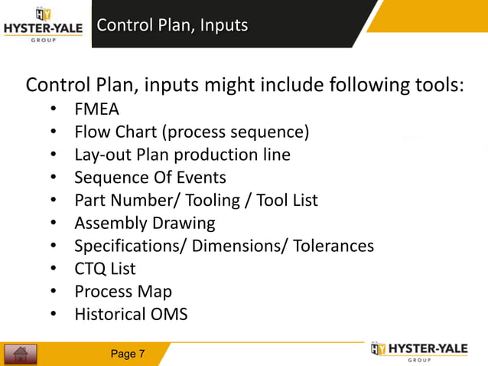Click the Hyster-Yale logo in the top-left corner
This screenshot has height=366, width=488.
44,24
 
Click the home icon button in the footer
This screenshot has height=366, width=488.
21,354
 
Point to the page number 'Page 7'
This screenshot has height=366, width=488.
127,354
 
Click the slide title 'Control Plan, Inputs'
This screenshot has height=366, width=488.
172,25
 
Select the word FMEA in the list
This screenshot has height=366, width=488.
96,109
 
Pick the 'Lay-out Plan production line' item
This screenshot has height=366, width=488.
182,155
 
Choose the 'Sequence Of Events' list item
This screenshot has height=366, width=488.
150,178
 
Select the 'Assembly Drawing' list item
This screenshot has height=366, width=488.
145,224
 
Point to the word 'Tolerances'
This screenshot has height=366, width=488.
332,246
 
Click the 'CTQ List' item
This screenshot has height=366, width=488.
105,269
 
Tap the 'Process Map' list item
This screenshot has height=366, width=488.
122,292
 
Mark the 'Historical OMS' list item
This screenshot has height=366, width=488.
130,314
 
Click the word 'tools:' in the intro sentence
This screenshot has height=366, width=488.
436,83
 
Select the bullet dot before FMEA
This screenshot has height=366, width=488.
56,110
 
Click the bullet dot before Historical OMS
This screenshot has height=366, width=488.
56,315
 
